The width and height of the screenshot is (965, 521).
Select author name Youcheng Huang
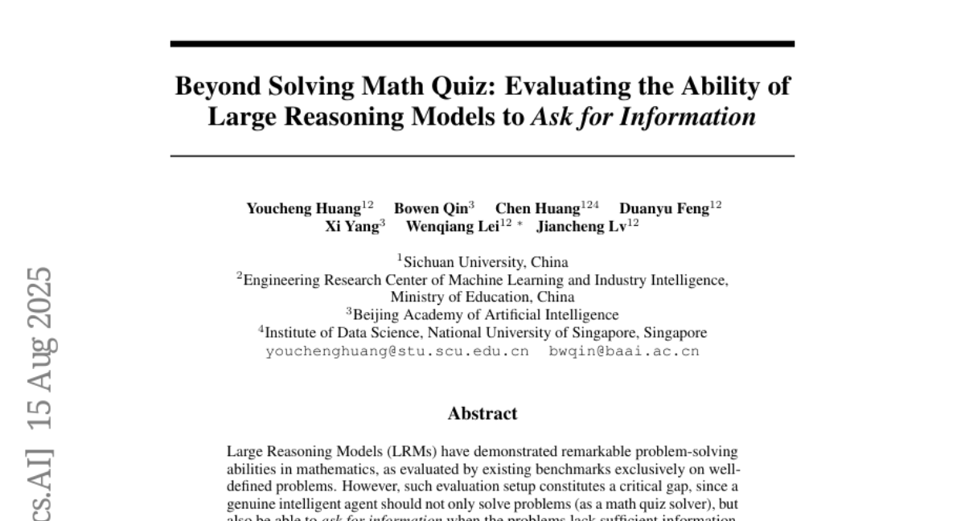click(x=303, y=209)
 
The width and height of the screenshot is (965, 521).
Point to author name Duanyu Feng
click(x=663, y=209)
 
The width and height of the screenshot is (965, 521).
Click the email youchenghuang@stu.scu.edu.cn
click(x=396, y=351)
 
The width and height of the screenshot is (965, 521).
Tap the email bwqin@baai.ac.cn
click(x=624, y=351)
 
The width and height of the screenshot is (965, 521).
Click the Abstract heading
click(x=482, y=414)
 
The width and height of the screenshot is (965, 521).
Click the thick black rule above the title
click(x=482, y=43)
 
